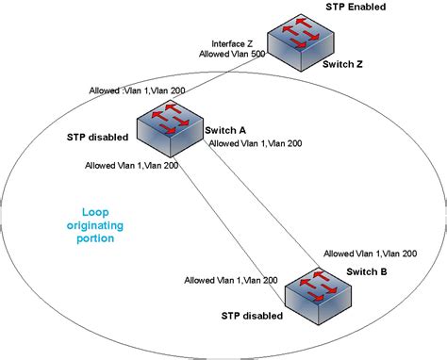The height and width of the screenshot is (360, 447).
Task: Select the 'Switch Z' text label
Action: pyautogui.click(x=347, y=65)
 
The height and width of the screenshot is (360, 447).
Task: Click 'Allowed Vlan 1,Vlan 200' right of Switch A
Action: pyautogui.click(x=255, y=144)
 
